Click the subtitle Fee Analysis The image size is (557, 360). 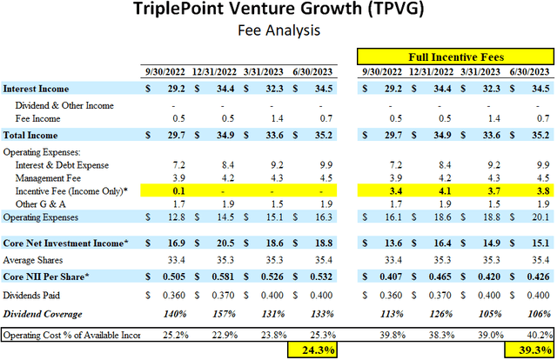[x=278, y=31]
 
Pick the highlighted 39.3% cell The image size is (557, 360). [x=531, y=350]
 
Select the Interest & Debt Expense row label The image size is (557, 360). [x=61, y=162]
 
